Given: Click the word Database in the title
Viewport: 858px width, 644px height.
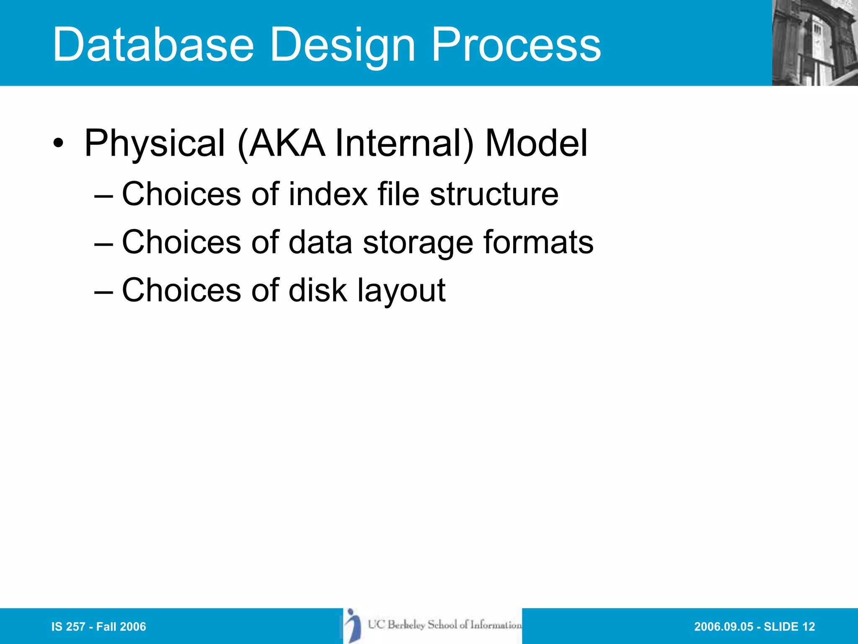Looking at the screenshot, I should point(153,44).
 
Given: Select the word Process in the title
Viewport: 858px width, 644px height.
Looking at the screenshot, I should point(516,44).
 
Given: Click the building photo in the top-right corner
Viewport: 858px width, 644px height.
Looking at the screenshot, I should point(814,43).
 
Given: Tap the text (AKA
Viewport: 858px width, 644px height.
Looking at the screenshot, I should point(282,144).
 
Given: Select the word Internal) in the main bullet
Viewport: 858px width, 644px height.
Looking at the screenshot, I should point(404,144).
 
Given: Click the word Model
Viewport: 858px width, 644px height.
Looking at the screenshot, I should point(536,144).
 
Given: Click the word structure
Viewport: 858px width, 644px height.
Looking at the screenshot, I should point(494,194).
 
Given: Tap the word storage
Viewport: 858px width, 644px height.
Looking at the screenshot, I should point(418,243).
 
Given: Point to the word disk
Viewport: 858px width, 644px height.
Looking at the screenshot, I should point(318,290).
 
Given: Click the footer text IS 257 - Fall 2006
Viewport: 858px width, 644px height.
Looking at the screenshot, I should point(98,627).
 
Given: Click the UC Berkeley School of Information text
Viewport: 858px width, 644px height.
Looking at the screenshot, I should point(445,625).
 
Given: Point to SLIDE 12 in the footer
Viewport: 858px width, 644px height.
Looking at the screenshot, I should point(789,627).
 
